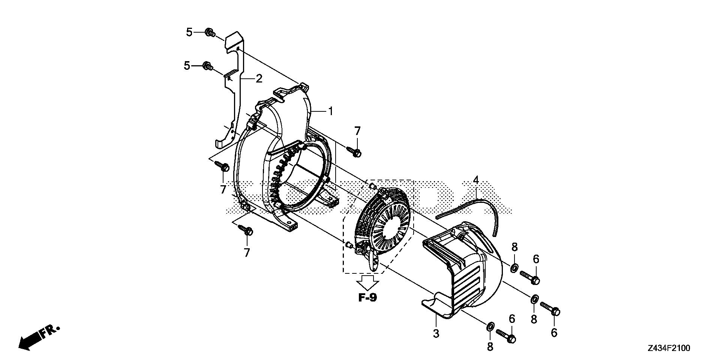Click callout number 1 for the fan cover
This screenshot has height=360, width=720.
click(330, 111)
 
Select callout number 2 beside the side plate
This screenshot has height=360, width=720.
click(259, 79)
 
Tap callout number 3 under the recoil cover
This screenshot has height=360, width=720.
click(436, 333)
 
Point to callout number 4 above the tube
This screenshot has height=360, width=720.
click(476, 180)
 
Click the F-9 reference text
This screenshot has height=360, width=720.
click(367, 298)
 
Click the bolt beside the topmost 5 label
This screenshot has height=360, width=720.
click(210, 33)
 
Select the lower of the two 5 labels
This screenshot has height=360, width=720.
click(187, 66)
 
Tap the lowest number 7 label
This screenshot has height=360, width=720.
click(247, 253)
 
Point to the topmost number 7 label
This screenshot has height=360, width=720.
click(357, 131)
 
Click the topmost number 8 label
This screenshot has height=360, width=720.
click(514, 247)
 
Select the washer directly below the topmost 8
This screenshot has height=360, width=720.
click(514, 268)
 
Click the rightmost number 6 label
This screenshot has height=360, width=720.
click(554, 333)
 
